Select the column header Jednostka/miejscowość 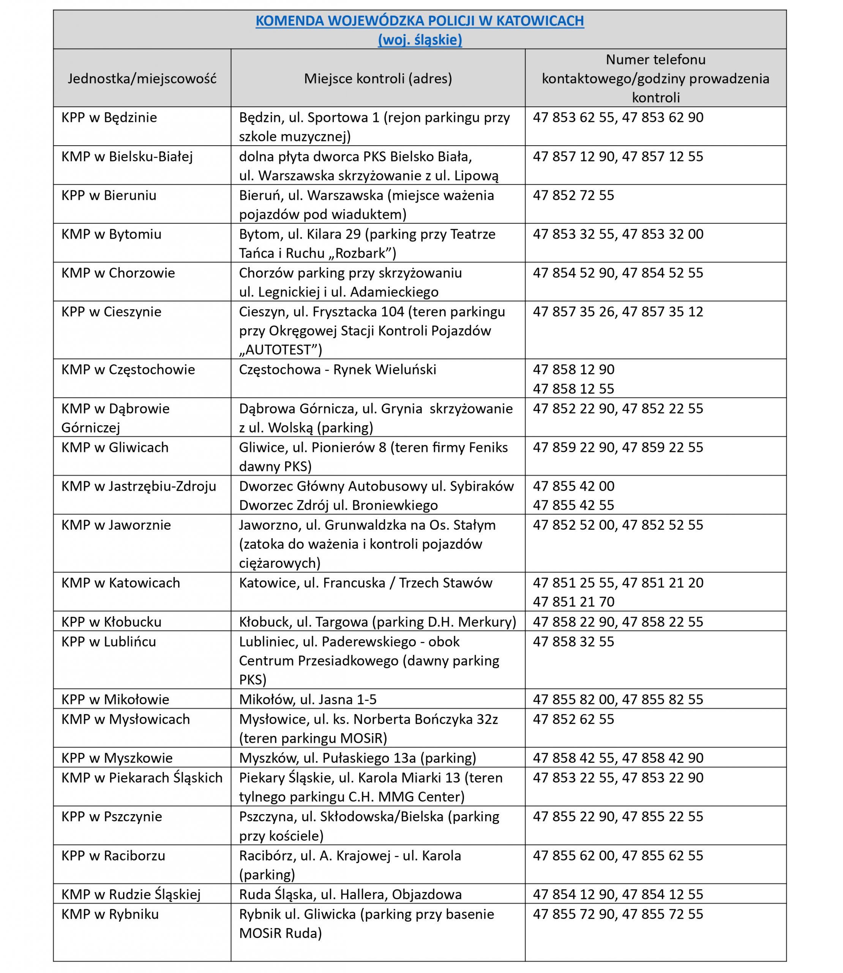click(x=142, y=79)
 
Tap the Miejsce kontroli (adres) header click(x=378, y=79)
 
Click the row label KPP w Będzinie click(x=109, y=118)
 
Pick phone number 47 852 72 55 click(x=573, y=195)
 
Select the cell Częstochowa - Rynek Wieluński click(x=337, y=369)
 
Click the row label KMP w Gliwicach click(x=115, y=447)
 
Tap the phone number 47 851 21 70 click(x=573, y=602)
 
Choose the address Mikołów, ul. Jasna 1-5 click(x=308, y=699)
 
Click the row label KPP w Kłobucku click(x=112, y=622)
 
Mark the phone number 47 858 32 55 click(x=573, y=642)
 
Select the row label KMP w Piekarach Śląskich click(x=142, y=778)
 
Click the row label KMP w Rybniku click(x=110, y=914)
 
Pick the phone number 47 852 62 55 click(x=573, y=719)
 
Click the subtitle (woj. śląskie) click(x=420, y=40)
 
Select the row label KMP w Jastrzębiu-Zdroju click(x=139, y=486)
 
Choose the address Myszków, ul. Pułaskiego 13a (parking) click(x=358, y=758)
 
